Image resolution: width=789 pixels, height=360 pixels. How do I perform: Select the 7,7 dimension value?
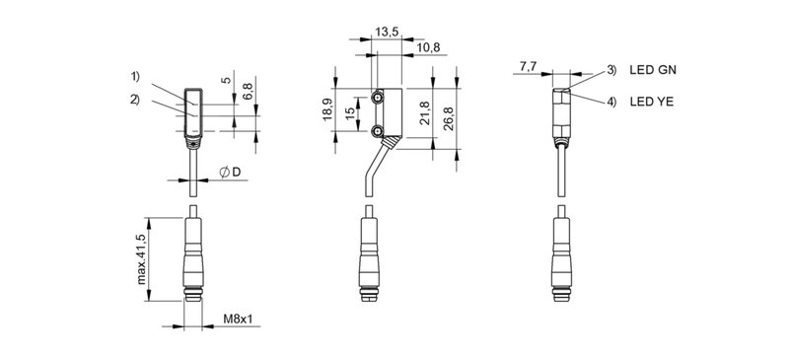(526, 67)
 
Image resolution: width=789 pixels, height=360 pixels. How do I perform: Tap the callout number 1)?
(134, 77)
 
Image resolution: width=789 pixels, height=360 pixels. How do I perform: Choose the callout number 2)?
(134, 99)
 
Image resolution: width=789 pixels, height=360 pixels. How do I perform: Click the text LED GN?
(652, 70)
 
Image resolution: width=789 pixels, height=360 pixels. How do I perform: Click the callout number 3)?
(611, 70)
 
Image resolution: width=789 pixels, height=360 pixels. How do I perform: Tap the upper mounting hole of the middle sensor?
(379, 100)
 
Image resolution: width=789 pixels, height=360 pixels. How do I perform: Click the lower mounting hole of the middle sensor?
(379, 130)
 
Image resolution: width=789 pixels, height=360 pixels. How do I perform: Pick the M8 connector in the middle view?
(371, 261)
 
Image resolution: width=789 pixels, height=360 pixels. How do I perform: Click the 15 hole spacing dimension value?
(350, 114)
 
